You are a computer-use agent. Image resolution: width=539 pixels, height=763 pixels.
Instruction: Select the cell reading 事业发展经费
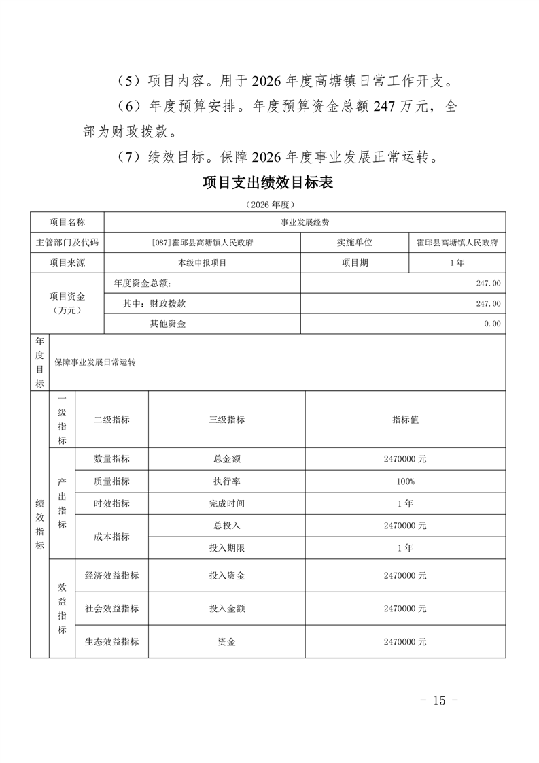coord(305,222)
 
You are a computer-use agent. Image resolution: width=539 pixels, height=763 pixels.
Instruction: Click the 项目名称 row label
coord(67,222)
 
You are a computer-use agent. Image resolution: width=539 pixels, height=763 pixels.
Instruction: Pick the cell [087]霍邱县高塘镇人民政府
coord(202,243)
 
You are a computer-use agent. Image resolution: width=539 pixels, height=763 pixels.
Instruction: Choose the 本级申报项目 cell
coord(202,262)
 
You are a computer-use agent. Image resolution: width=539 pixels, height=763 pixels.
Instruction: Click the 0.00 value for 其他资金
coord(492,324)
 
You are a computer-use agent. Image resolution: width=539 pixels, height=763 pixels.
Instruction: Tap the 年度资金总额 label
coord(143,283)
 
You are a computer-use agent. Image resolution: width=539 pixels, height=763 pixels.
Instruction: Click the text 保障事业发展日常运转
coord(95,362)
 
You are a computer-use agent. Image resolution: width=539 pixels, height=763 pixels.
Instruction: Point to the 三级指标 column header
coord(226,420)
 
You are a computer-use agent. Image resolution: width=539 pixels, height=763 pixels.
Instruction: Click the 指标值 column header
coord(405,420)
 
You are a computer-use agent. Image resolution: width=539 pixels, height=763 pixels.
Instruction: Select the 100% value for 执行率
coord(405,481)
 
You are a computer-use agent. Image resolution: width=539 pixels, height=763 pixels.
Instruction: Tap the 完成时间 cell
coord(226,504)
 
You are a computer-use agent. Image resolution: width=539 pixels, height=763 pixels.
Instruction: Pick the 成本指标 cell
coord(111,537)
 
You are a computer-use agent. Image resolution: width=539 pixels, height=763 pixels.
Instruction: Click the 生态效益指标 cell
coord(111,641)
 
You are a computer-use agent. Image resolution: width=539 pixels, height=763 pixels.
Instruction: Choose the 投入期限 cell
coord(226,547)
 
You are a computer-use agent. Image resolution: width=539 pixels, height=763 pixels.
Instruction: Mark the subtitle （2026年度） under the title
coord(270,204)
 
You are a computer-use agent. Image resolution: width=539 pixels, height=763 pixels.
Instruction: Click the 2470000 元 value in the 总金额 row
coord(405,459)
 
